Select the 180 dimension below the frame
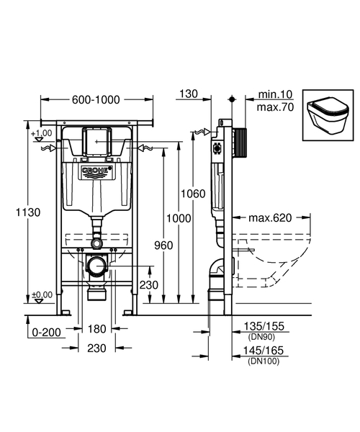[x=96, y=328]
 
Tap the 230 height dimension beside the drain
[x=148, y=284]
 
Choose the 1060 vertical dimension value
[x=194, y=194]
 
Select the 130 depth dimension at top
[x=189, y=93]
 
